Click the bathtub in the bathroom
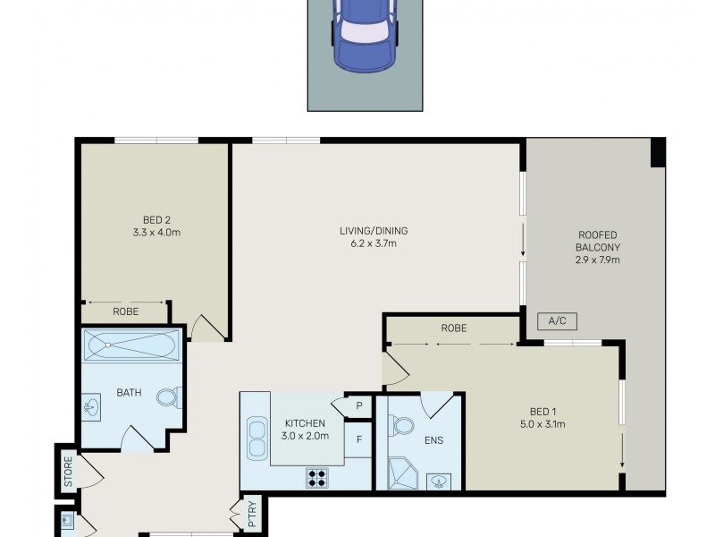click(131, 345)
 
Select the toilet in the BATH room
click(168, 396)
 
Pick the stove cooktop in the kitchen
click(316, 477)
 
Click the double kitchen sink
click(257, 439)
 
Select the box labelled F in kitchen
click(358, 439)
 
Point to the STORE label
click(68, 474)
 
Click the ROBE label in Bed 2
click(125, 312)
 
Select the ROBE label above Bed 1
click(453, 328)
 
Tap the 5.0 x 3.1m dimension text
click(544, 424)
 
